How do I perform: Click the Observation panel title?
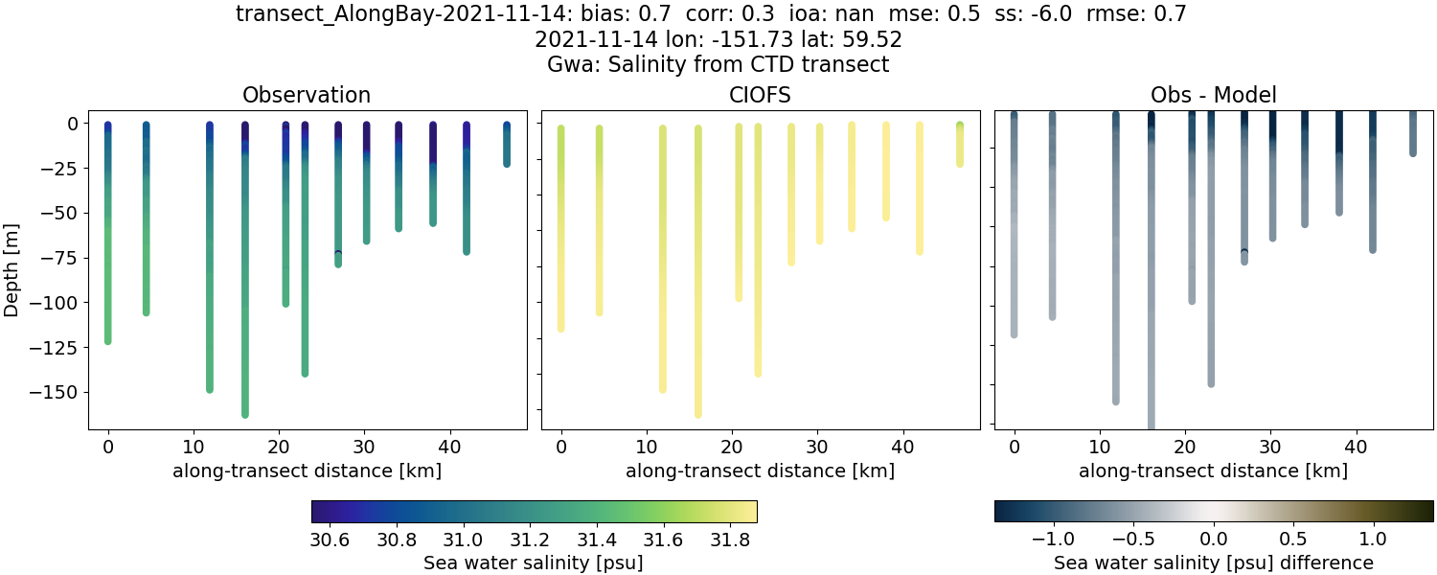coord(307,95)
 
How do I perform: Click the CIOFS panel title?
coord(760,95)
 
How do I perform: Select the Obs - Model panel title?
coord(1213,95)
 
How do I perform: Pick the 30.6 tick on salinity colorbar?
coord(329,540)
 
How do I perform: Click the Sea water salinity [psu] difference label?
coord(1213,563)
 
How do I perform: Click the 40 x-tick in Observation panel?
coord(448,446)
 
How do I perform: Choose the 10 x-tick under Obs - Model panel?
coord(1099,446)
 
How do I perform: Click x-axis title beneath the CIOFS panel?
coord(760,471)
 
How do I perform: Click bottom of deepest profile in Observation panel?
coord(245,414)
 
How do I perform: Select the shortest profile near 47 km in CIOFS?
coord(960,144)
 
